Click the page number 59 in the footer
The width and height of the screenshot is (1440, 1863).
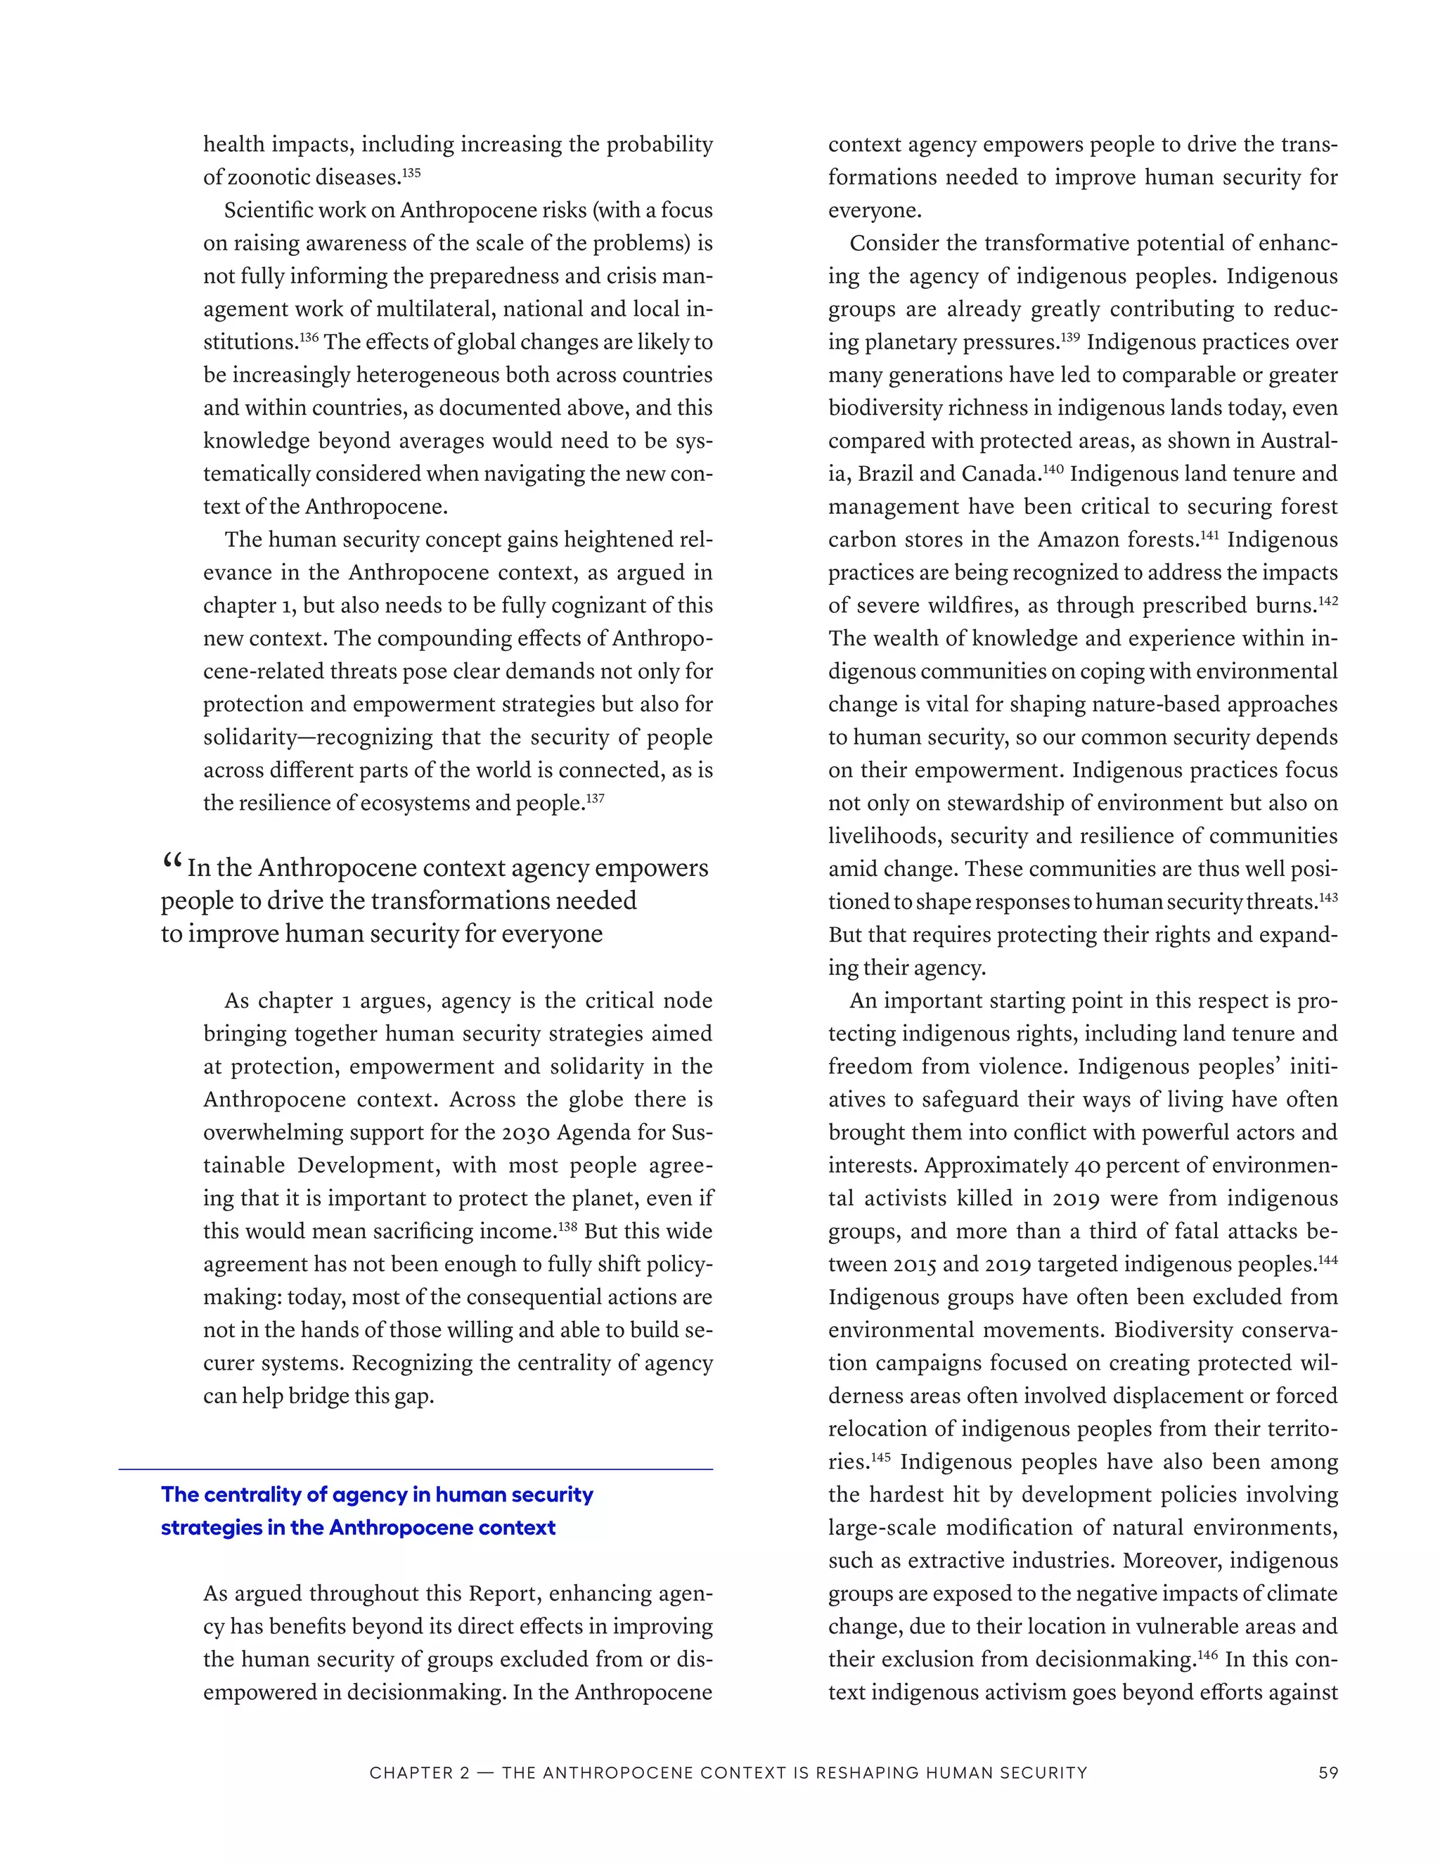pos(1327,1772)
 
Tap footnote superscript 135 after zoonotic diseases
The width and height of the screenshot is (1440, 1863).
pos(411,173)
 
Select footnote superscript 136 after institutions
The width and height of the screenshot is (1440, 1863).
pos(309,337)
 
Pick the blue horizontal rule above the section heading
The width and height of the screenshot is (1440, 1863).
pos(416,1469)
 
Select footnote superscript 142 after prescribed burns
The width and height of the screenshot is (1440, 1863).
pos(1327,601)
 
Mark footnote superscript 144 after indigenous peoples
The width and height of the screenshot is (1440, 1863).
pos(1327,1260)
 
